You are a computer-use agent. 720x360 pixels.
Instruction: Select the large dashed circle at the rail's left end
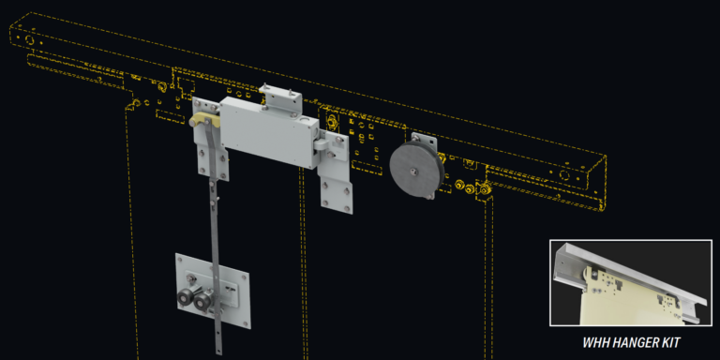[30, 43]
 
